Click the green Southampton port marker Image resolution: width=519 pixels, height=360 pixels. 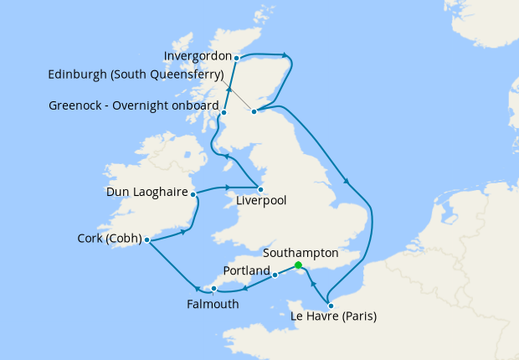pyautogui.click(x=299, y=265)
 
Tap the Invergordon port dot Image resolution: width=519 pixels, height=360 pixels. pyautogui.click(x=237, y=58)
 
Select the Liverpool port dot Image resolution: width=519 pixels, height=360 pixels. pyautogui.click(x=261, y=188)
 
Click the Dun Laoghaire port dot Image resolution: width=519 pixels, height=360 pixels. pyautogui.click(x=193, y=194)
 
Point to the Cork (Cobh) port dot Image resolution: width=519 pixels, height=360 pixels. pyautogui.click(x=146, y=240)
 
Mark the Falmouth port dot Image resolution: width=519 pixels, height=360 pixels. pyautogui.click(x=214, y=289)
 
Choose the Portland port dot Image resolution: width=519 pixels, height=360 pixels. pyautogui.click(x=275, y=275)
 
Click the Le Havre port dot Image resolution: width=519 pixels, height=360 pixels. pyautogui.click(x=331, y=306)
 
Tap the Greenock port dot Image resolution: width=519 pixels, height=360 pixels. pyautogui.click(x=224, y=112)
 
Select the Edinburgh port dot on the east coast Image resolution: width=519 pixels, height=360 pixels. pyautogui.click(x=254, y=110)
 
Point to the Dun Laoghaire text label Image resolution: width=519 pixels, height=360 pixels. pyautogui.click(x=146, y=193)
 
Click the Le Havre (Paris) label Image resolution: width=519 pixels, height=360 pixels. pyautogui.click(x=333, y=317)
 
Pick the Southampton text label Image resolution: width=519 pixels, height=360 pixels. pyautogui.click(x=300, y=252)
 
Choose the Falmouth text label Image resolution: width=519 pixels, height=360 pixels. pyautogui.click(x=213, y=304)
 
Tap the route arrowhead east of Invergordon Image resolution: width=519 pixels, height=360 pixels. pyautogui.click(x=286, y=56)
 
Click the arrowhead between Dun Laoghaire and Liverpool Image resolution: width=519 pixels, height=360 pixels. pyautogui.click(x=228, y=187)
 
